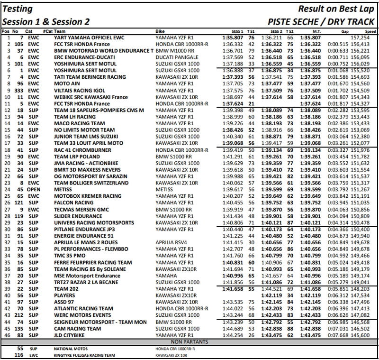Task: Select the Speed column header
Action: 370,31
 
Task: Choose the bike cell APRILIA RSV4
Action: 171,242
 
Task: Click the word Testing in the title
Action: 17,9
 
